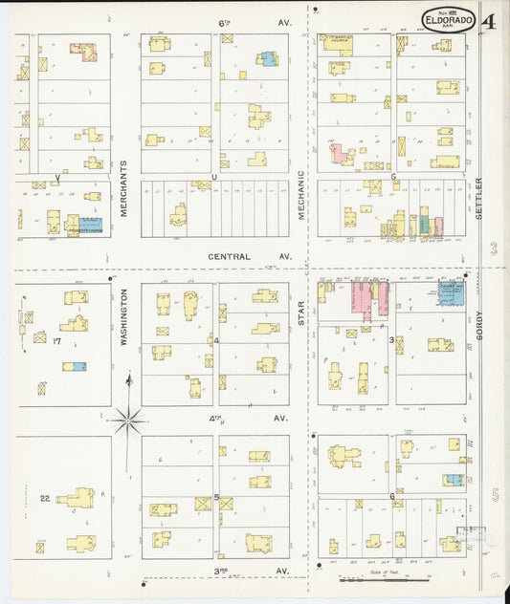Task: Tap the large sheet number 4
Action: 489,21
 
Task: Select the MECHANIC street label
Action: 300,196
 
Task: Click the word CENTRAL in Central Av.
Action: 229,256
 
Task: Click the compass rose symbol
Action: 127,418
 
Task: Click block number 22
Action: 44,498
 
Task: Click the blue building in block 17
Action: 74,366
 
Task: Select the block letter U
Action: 214,176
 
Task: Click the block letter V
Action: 57,177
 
